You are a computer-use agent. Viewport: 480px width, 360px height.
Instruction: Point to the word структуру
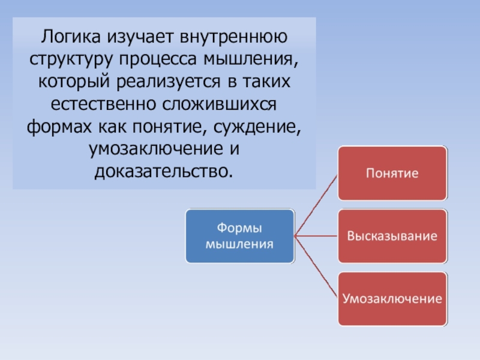(x=70, y=59)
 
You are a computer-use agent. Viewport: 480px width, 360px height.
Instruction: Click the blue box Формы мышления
(x=239, y=236)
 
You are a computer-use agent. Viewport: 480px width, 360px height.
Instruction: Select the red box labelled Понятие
(x=392, y=173)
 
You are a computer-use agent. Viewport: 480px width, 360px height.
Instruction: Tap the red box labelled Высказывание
(x=392, y=236)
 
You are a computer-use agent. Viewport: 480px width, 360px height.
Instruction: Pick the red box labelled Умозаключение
(x=392, y=299)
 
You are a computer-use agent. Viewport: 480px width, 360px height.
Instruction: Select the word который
(x=71, y=82)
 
